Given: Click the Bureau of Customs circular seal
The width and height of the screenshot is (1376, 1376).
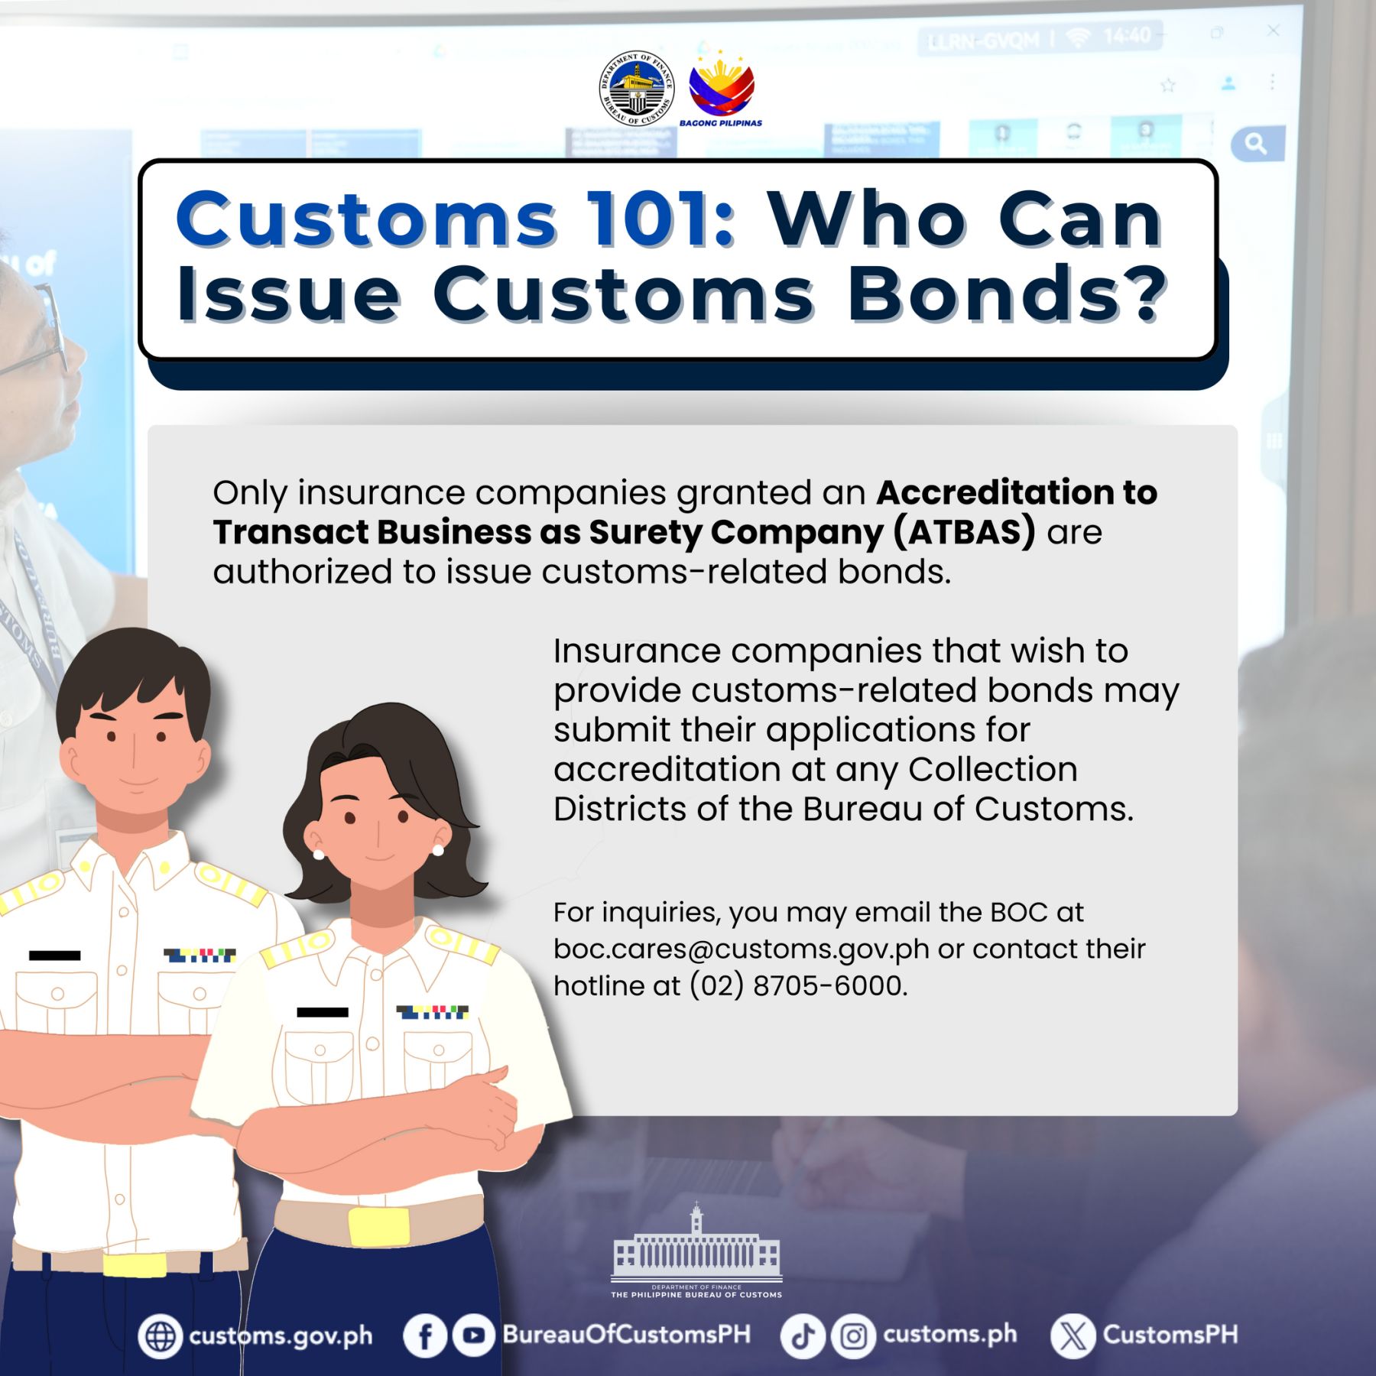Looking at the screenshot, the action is [x=636, y=88].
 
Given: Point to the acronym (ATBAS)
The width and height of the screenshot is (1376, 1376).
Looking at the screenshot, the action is [x=965, y=532].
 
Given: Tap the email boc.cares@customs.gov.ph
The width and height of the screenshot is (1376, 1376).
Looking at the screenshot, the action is [x=742, y=949].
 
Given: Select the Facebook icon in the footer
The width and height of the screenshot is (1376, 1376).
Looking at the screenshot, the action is [x=425, y=1335].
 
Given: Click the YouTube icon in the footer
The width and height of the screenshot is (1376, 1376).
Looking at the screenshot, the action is [x=473, y=1335].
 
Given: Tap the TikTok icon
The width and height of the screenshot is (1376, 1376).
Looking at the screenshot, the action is [x=803, y=1335].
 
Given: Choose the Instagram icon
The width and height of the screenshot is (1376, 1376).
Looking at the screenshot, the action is [x=853, y=1335].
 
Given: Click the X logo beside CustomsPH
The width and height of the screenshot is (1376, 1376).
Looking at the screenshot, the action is [x=1073, y=1335].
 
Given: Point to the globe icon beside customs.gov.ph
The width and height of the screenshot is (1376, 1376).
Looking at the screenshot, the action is [x=161, y=1335].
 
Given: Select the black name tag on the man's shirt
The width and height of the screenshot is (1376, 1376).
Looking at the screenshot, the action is [x=54, y=956].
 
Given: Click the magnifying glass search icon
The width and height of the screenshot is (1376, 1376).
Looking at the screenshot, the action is [x=1255, y=143].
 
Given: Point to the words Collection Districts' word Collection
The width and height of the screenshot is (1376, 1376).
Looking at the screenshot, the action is [x=993, y=770].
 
